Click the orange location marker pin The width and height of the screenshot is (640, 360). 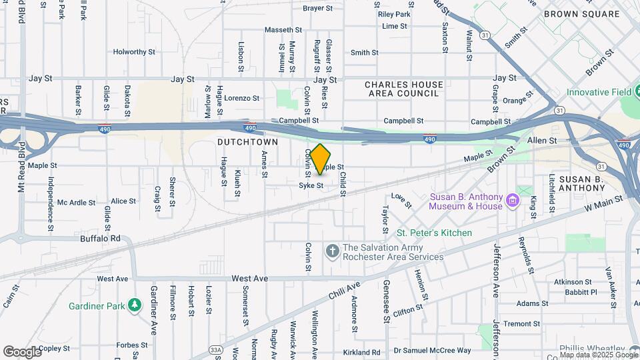(x=320, y=159)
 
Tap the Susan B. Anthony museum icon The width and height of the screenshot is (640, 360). (x=512, y=201)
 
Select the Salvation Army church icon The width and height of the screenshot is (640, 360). (x=332, y=251)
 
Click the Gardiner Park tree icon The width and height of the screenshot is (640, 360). (x=135, y=305)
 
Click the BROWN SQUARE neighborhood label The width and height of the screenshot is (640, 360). (x=581, y=13)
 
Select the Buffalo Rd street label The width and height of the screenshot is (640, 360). (x=100, y=238)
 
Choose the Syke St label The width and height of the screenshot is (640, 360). (x=311, y=185)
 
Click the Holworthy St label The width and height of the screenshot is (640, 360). (x=134, y=51)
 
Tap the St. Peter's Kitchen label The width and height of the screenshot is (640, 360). (x=434, y=233)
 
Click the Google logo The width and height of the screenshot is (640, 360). (x=22, y=351)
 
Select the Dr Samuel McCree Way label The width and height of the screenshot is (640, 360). (x=432, y=351)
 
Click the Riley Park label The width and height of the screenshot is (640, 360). (x=394, y=14)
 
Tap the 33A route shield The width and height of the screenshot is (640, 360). (x=215, y=349)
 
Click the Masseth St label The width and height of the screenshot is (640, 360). (x=283, y=30)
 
